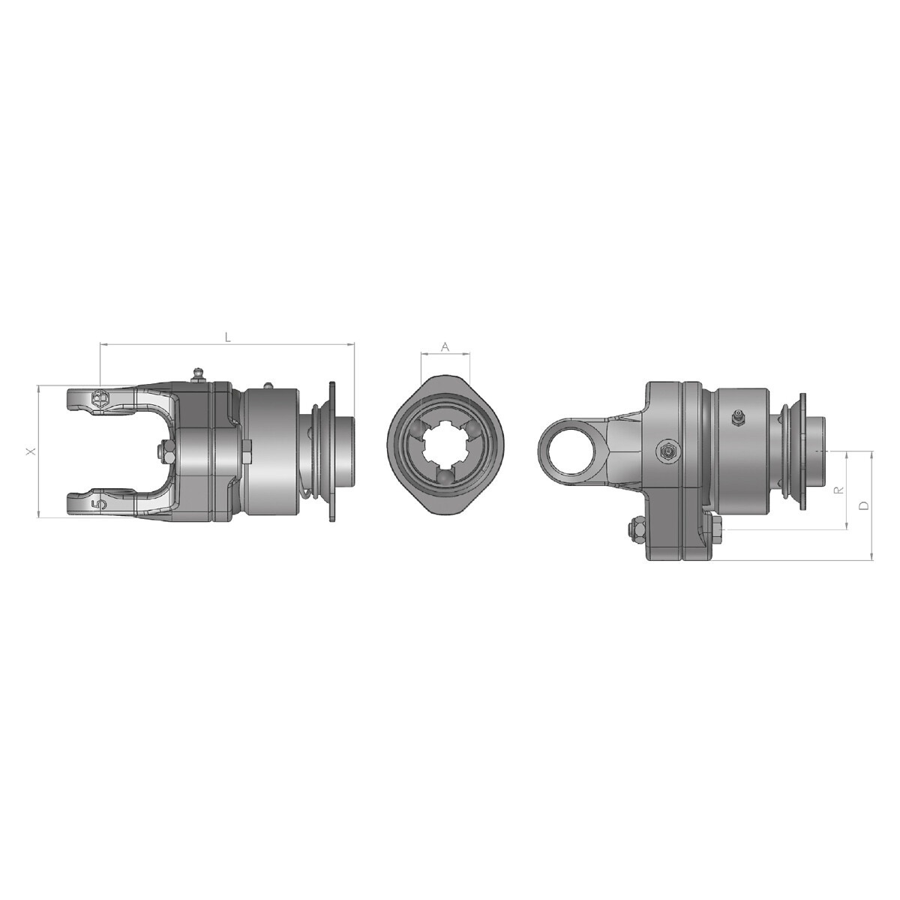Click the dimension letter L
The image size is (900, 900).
click(227, 337)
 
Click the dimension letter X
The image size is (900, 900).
click(31, 451)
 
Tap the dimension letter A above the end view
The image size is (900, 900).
click(445, 346)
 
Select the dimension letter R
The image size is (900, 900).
click(839, 490)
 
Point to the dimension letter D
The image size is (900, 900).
click(864, 505)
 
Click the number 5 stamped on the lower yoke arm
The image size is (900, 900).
click(99, 505)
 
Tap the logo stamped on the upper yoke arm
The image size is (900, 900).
click(99, 397)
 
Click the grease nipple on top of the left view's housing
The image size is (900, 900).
click(198, 374)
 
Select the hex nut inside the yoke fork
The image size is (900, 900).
click(165, 452)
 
